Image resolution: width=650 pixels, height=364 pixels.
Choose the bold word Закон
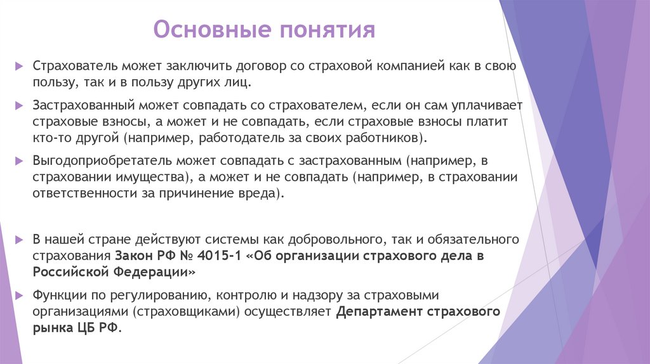(x=132, y=257)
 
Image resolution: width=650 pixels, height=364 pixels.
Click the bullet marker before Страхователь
(x=20, y=66)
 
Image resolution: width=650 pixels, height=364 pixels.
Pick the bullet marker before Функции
(x=20, y=296)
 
